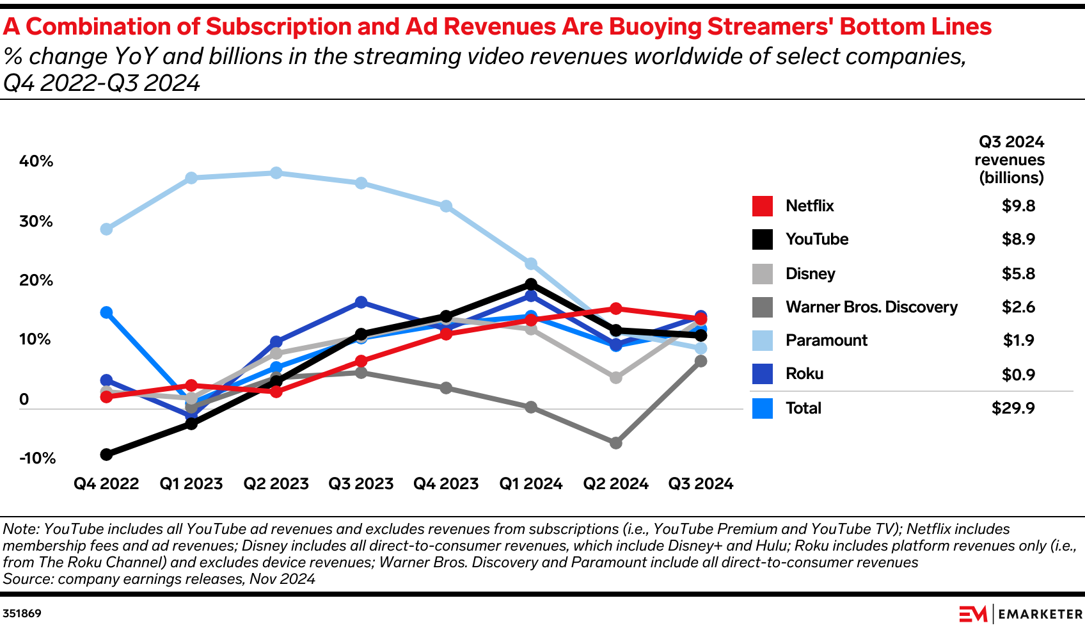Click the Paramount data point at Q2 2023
(x=276, y=173)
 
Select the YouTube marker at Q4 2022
(x=106, y=455)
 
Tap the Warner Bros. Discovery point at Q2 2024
(x=615, y=443)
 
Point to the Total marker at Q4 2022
(x=106, y=312)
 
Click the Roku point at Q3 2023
(x=361, y=302)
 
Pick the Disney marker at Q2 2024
(x=615, y=378)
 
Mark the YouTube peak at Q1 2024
(x=530, y=284)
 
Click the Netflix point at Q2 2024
(x=615, y=309)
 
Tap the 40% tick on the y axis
(x=36, y=161)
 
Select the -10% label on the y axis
(x=37, y=458)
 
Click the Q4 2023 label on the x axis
(x=446, y=483)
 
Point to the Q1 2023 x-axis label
(x=191, y=483)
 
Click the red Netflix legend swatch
(x=762, y=206)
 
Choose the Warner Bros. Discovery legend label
(x=871, y=307)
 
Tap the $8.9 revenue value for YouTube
(x=1018, y=239)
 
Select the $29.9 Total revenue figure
(x=1013, y=408)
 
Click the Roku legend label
(x=804, y=373)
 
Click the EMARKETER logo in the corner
(x=1020, y=613)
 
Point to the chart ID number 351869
(x=22, y=613)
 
